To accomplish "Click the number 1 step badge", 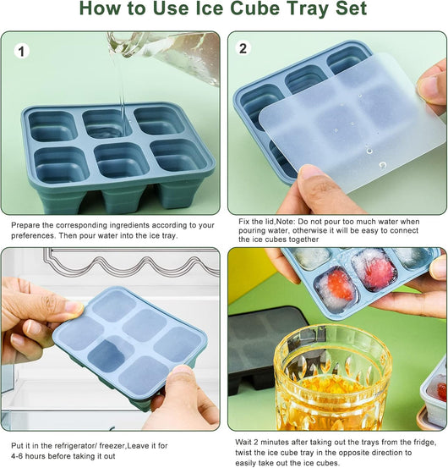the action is coord(21,52).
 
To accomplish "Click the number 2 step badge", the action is coord(243,48).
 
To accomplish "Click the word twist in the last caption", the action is coord(244,453).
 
